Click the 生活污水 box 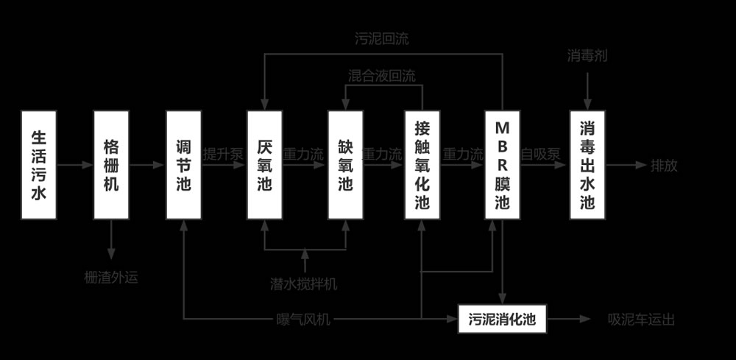39,165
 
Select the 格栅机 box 111,165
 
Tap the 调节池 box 183,165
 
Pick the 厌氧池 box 265,165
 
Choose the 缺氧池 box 345,165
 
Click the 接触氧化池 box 422,165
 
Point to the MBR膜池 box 503,165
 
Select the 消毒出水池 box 587,165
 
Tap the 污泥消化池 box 503,319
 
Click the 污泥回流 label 382,39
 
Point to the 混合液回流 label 381,76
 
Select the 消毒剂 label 587,56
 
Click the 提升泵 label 223,155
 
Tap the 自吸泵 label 541,155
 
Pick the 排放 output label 665,165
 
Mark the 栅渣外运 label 111,278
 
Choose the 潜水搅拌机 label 305,283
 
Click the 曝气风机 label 304,320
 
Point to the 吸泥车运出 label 641,320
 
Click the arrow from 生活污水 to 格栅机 75,165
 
